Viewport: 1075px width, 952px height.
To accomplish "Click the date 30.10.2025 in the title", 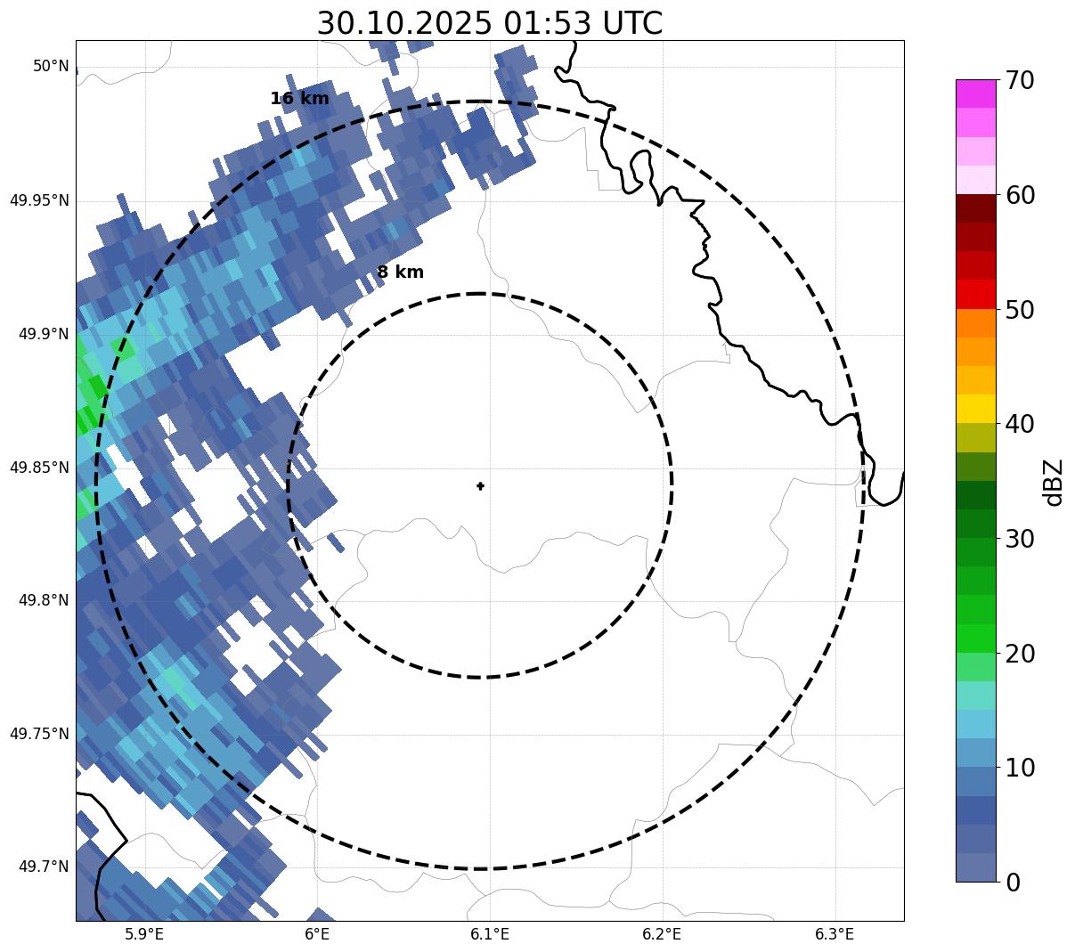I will (403, 23).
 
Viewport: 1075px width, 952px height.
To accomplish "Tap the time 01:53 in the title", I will (546, 23).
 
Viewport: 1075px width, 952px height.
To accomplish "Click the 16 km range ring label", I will (299, 99).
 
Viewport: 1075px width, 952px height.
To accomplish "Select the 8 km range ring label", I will (400, 273).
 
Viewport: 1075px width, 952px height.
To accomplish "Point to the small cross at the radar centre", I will (481, 486).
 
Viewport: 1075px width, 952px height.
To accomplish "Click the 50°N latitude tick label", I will (51, 66).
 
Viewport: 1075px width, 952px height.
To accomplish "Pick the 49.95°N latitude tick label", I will (39, 200).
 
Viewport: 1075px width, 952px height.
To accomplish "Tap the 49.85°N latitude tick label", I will (39, 468).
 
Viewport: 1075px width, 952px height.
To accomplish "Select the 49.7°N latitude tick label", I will (44, 867).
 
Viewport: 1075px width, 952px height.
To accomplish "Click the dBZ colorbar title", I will (1055, 482).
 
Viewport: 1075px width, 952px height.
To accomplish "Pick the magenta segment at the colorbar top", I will (975, 94).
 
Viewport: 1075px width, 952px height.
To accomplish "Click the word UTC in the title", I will (632, 23).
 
